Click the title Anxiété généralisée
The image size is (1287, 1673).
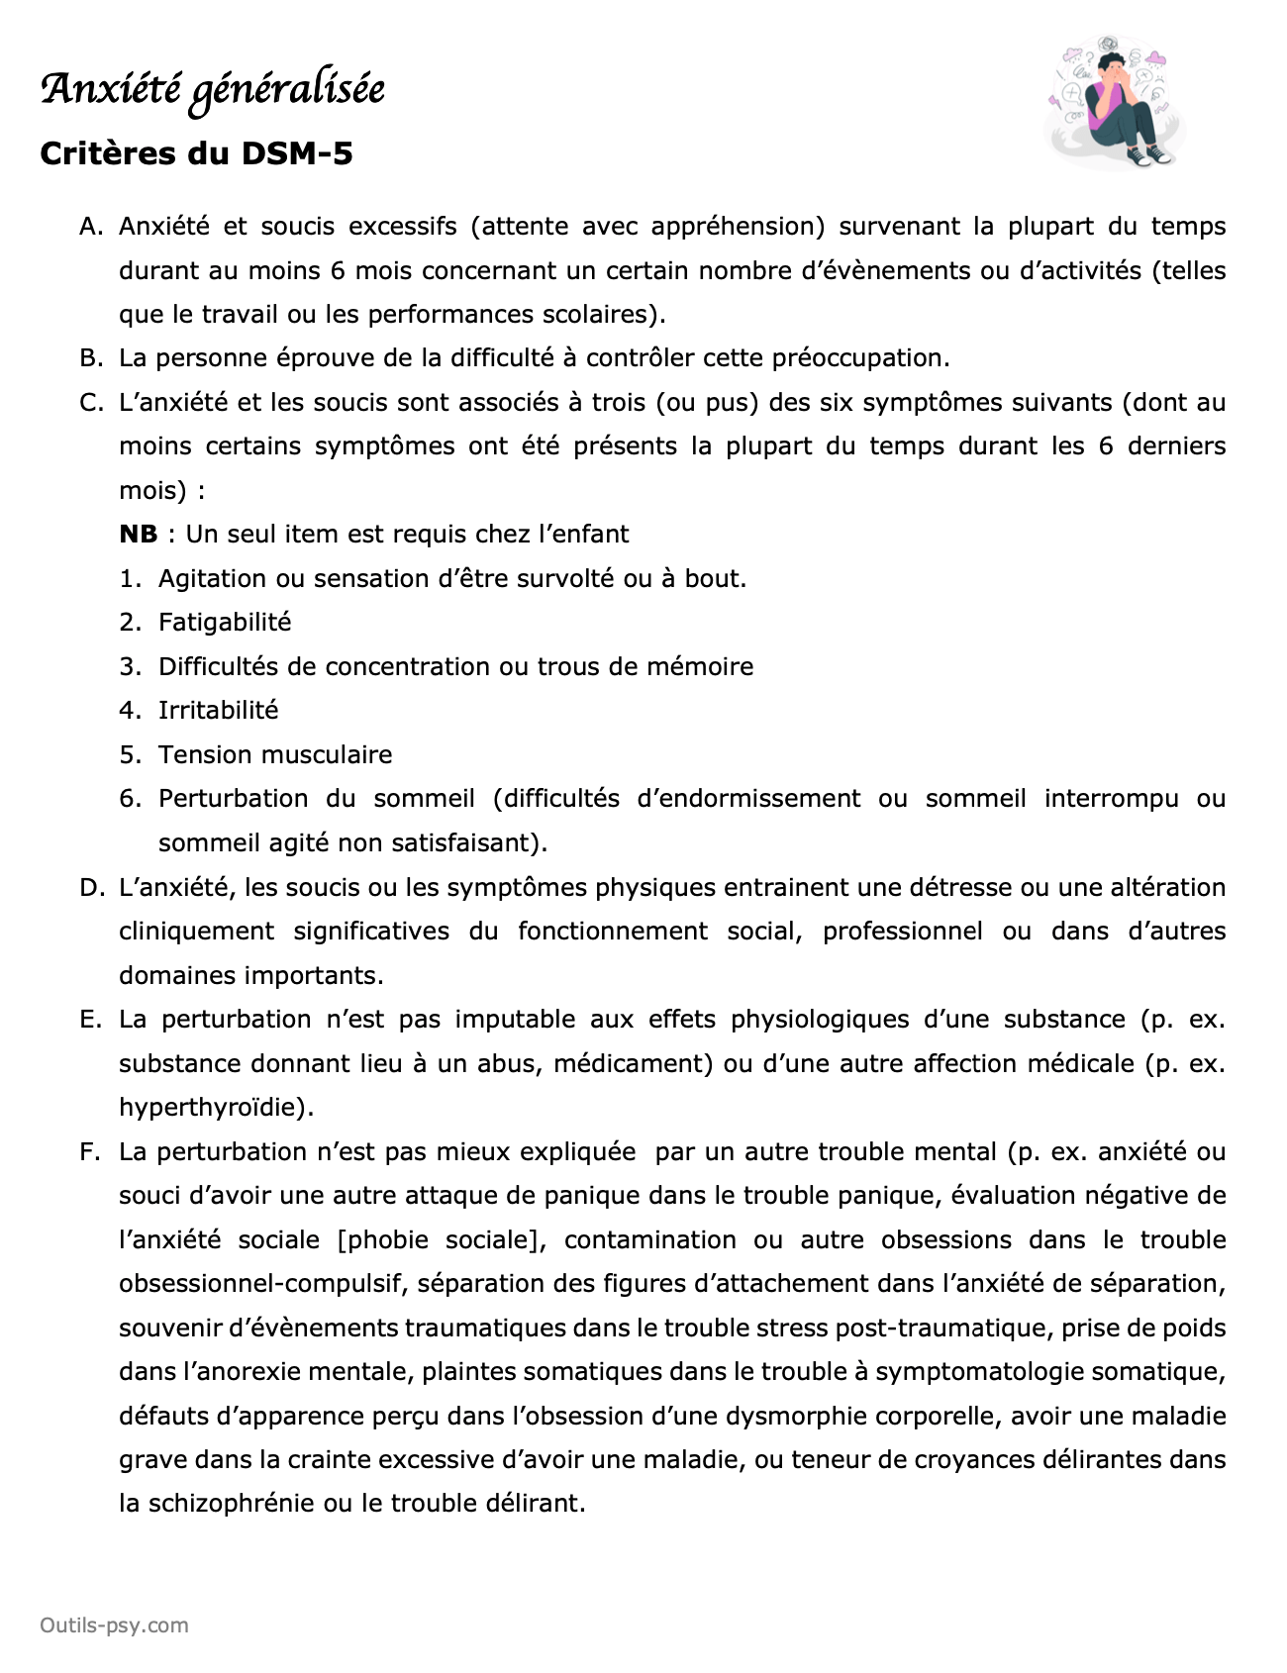212,90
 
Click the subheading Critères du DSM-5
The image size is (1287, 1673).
196,153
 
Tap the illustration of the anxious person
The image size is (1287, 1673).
1116,103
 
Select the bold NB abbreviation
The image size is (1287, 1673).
138,535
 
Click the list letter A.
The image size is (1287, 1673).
91,227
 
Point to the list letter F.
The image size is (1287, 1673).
90,1152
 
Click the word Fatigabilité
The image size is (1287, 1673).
225,623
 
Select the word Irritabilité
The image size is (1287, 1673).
218,711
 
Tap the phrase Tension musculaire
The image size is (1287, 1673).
275,755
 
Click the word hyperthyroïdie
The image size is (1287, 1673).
212,1108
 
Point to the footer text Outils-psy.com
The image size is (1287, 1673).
114,1625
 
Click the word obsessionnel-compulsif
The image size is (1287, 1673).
261,1284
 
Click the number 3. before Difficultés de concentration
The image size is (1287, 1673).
131,667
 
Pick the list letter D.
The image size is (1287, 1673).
91,888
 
